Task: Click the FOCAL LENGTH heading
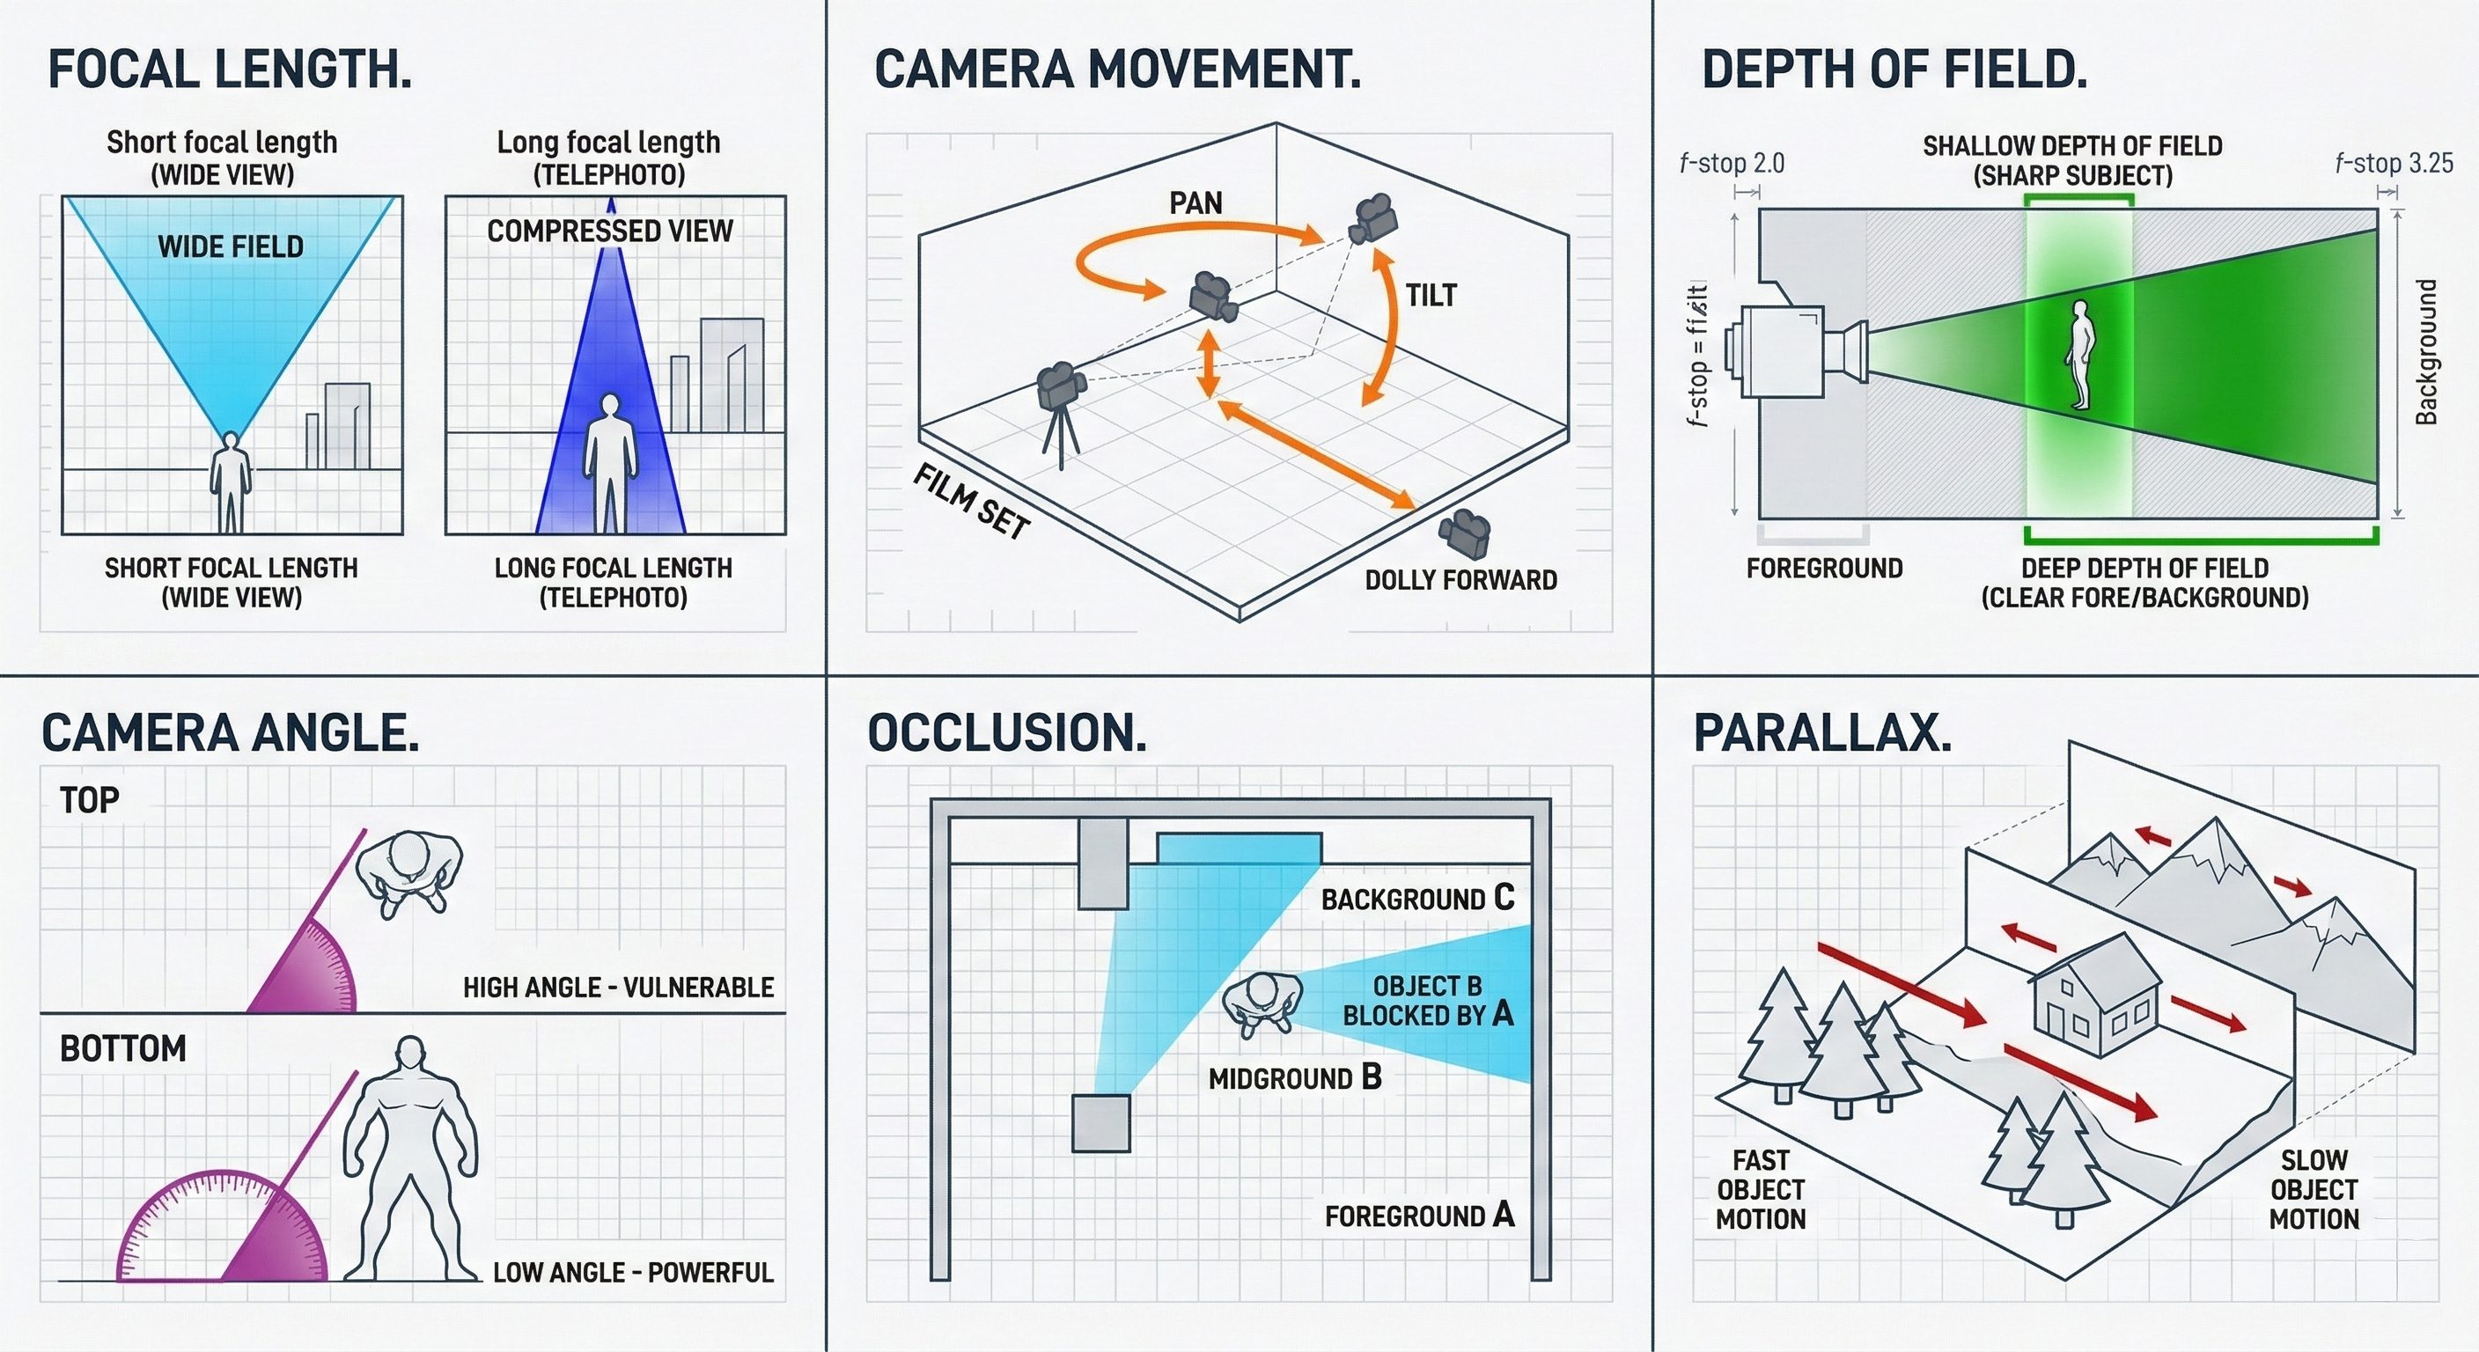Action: point(230,70)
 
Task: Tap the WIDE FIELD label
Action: point(231,246)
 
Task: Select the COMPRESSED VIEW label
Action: point(610,231)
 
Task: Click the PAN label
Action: point(1195,203)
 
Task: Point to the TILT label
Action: point(1431,296)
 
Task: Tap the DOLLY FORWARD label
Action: point(1460,580)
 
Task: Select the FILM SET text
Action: point(971,502)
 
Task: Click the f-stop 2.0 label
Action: point(1732,164)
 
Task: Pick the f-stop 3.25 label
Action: point(2394,164)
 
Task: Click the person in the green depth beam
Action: point(2078,355)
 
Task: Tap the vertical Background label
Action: point(2427,352)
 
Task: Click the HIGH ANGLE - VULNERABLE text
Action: point(618,988)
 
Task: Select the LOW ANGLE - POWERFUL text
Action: point(633,1272)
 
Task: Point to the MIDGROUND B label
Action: point(1294,1077)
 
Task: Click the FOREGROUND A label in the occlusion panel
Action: point(1419,1216)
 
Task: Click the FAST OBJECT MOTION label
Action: point(1761,1189)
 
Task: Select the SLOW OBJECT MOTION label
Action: point(2313,1189)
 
